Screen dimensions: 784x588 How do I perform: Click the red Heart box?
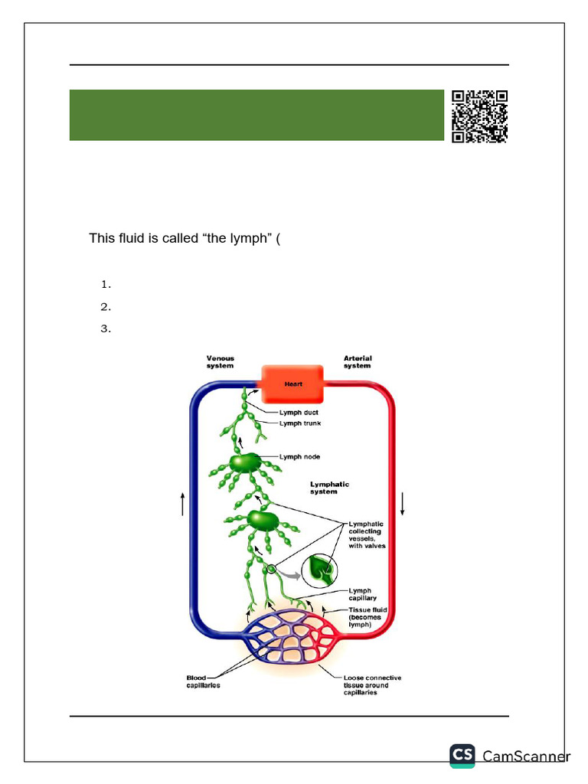[294, 384]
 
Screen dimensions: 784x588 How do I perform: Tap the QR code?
[479, 116]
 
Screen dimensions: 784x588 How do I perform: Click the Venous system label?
[220, 361]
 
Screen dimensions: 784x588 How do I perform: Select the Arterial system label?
[358, 361]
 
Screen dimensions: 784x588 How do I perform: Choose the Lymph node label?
[300, 456]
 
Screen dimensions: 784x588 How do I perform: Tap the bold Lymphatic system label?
[329, 488]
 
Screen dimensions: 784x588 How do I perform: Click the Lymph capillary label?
[360, 595]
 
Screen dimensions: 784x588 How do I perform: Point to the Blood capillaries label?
[203, 681]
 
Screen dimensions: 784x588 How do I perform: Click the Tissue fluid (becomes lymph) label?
[368, 617]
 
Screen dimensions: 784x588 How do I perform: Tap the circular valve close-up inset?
[319, 570]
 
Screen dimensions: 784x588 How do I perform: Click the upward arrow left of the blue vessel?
[182, 504]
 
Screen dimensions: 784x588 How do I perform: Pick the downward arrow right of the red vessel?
[403, 503]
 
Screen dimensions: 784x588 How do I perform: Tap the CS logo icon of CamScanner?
[462, 755]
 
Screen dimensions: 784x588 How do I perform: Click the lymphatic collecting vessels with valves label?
[367, 534]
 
